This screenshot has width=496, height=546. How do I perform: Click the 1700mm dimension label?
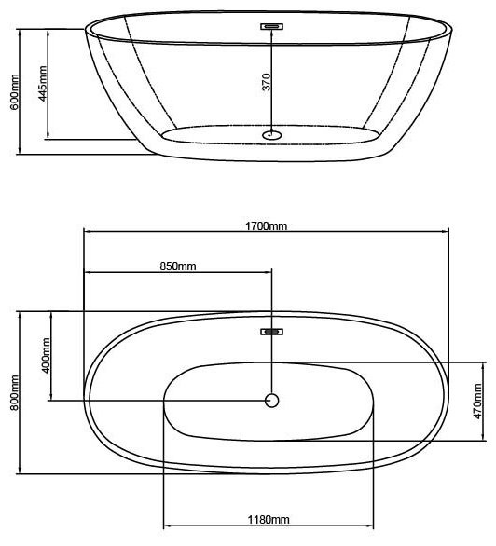pyautogui.click(x=266, y=226)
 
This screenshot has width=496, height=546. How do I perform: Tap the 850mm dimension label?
pyautogui.click(x=178, y=266)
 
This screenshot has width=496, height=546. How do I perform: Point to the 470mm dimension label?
pyautogui.click(x=477, y=402)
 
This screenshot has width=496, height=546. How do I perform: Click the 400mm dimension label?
pyautogui.click(x=46, y=355)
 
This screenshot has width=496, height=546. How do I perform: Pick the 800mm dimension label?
pyautogui.click(x=15, y=393)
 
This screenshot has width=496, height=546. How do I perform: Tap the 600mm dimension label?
pyautogui.click(x=15, y=92)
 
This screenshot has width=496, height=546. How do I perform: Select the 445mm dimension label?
pyautogui.click(x=43, y=84)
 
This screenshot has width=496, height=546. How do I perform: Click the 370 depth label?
pyautogui.click(x=267, y=82)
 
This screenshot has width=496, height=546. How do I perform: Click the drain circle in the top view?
pyautogui.click(x=271, y=401)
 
